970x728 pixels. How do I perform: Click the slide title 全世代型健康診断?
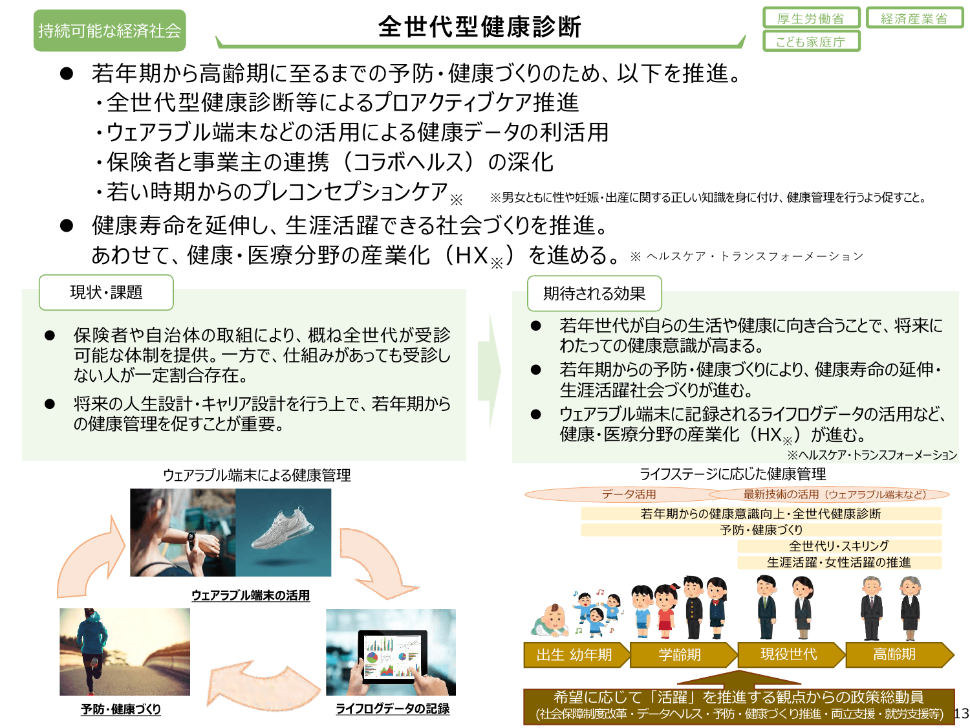479,27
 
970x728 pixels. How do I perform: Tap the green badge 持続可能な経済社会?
109,30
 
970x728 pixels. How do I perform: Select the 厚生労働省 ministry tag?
811,18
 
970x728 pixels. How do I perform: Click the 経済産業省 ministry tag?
914,18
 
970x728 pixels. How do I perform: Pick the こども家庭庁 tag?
811,41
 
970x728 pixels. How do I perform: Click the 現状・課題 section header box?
106,292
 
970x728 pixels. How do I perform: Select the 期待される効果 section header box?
594,294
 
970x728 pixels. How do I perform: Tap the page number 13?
961,713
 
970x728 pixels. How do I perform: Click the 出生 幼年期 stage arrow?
574,655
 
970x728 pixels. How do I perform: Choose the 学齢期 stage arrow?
680,655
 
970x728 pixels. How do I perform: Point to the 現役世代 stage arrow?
789,655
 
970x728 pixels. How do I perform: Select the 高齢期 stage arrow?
896,655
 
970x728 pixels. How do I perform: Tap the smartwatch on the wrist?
191,538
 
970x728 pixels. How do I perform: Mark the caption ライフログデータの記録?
392,709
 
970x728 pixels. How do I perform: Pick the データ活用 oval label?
629,494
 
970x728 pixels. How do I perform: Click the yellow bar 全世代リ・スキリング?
839,546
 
